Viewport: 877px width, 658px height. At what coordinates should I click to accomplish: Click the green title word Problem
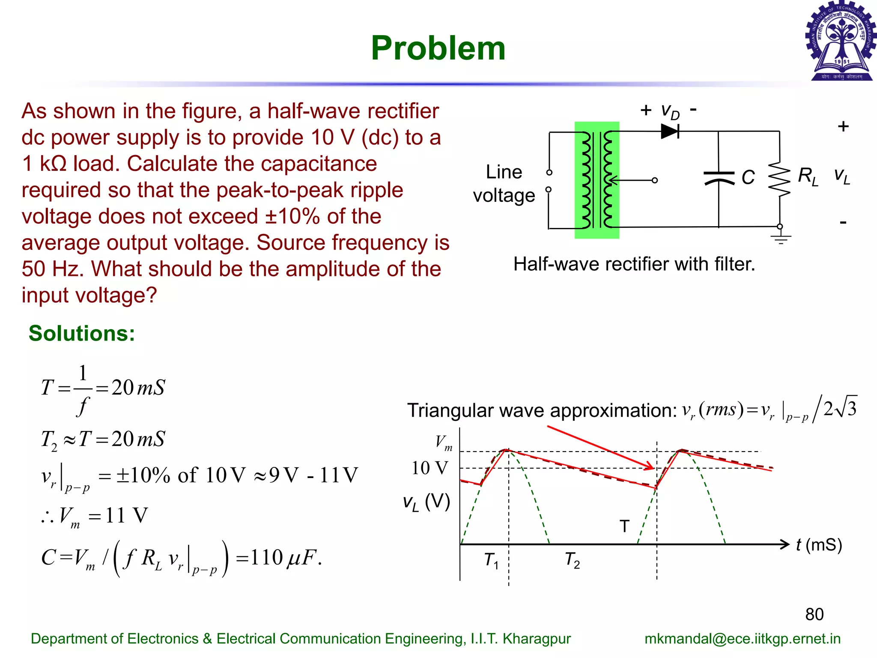[438, 48]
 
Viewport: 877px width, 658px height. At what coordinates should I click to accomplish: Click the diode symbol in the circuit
[670, 131]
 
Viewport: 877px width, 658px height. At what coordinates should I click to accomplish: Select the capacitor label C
[748, 177]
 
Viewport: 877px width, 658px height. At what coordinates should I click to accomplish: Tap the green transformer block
[597, 180]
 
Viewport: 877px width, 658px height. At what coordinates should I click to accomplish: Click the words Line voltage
[504, 183]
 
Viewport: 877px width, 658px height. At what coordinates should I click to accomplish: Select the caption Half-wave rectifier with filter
[634, 264]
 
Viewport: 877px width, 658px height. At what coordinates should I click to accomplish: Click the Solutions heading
[82, 333]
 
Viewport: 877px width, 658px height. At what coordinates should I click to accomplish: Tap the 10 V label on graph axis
[430, 468]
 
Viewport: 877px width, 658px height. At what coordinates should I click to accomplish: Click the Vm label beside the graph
[444, 442]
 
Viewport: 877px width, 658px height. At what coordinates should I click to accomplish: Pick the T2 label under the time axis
[572, 560]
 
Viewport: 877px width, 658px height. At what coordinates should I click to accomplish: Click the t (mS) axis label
[819, 545]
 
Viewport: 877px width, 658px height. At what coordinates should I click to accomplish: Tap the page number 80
[814, 614]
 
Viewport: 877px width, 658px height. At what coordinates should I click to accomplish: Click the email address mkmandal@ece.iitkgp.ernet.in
[742, 639]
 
